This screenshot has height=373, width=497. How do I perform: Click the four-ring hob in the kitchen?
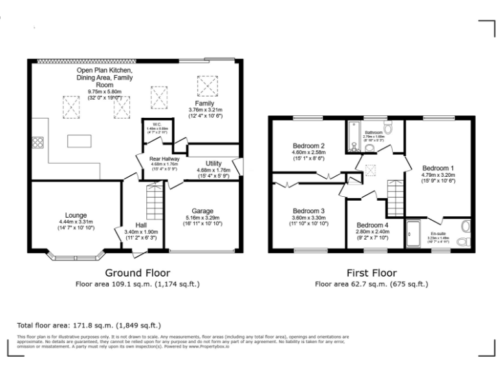pyautogui.click(x=36, y=143)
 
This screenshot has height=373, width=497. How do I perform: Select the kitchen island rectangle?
pyautogui.click(x=80, y=140)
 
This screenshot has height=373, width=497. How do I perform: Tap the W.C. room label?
pyautogui.click(x=157, y=124)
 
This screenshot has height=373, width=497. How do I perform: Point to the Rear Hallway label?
pyautogui.click(x=164, y=157)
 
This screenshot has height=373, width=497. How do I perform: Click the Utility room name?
pyautogui.click(x=214, y=163)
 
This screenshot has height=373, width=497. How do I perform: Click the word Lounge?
pyautogui.click(x=76, y=215)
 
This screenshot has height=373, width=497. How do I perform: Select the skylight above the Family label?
pyautogui.click(x=205, y=84)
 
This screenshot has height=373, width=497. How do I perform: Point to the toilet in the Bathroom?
pyautogui.click(x=388, y=126)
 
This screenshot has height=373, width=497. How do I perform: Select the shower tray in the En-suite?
pyautogui.click(x=414, y=234)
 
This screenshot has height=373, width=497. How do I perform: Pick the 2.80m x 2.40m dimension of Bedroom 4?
pyautogui.click(x=372, y=231)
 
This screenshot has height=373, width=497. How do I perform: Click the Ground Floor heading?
pyautogui.click(x=137, y=273)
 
